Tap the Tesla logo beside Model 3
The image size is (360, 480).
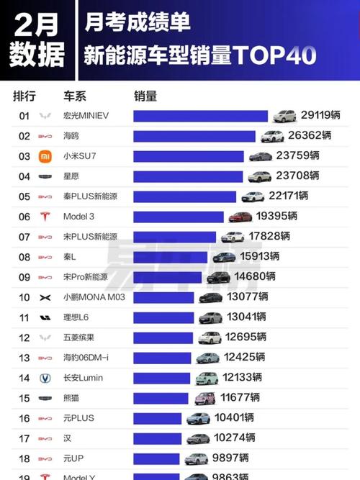pyautogui.click(x=45, y=217)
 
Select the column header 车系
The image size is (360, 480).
pyautogui.click(x=75, y=96)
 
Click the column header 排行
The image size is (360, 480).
pyautogui.click(x=24, y=96)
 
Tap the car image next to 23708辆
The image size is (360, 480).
pyautogui.click(x=259, y=176)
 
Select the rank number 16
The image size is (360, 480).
pyautogui.click(x=24, y=418)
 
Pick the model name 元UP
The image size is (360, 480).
pyautogui.click(x=73, y=458)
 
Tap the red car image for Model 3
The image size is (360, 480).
pyautogui.click(x=240, y=217)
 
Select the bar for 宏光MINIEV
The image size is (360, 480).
pyautogui.click(x=200, y=116)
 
